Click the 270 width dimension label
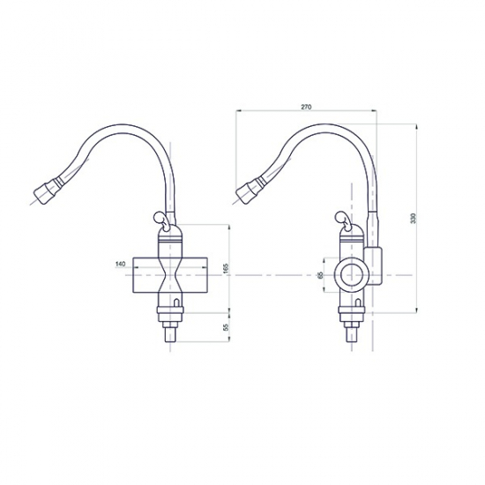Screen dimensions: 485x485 [x=306, y=107]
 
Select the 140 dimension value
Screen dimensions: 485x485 [x=120, y=263]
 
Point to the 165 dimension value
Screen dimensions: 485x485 [x=226, y=267]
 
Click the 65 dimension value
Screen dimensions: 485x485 [x=320, y=275]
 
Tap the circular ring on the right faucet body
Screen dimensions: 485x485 [x=351, y=275]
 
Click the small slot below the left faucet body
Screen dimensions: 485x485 [x=177, y=305]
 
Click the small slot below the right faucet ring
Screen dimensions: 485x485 [x=360, y=305]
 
